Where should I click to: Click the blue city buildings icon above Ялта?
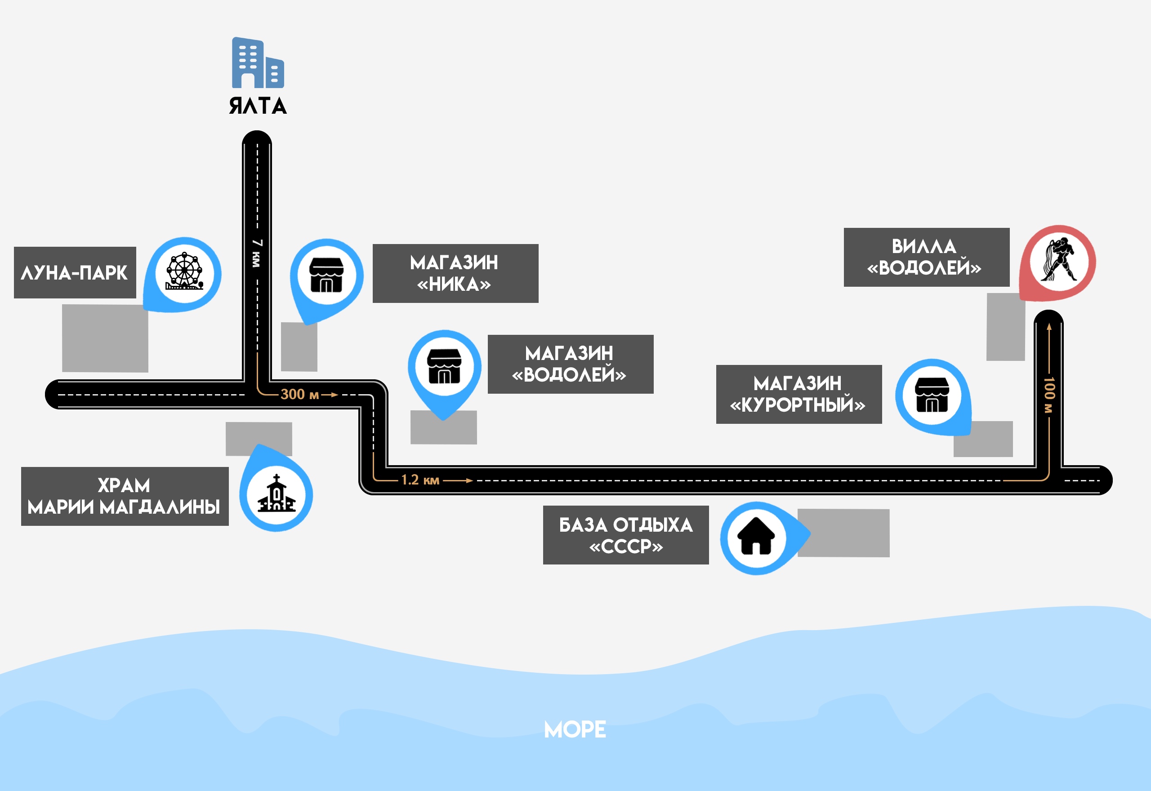(258, 63)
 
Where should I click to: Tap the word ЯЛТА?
(258, 106)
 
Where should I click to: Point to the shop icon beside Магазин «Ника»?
(326, 275)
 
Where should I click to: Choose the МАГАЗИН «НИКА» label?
(455, 273)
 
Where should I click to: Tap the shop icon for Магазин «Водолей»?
(444, 366)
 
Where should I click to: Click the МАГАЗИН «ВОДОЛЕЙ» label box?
(570, 364)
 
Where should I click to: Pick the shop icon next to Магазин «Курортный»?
(932, 395)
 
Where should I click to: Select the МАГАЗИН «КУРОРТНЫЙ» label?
(799, 395)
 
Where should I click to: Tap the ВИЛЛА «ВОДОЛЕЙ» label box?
(926, 257)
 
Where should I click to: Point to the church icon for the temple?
(277, 493)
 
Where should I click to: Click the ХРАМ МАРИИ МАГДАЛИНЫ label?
(125, 496)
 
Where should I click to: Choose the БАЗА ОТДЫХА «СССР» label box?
(625, 535)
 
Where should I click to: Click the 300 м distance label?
(299, 395)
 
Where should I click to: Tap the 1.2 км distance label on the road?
(420, 480)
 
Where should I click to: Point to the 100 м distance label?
(1048, 395)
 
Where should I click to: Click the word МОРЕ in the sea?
(575, 729)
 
